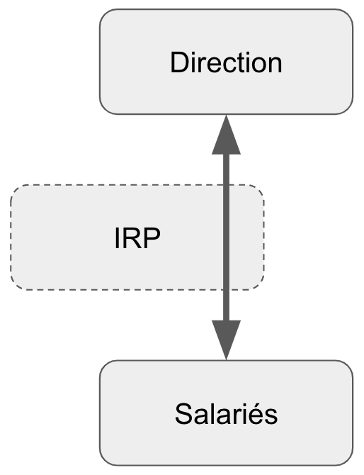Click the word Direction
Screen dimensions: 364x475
[226, 62]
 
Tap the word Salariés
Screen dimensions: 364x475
[226, 414]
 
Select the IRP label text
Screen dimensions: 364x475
[137, 238]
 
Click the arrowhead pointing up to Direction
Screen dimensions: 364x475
[227, 135]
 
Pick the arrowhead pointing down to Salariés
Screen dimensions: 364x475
[227, 340]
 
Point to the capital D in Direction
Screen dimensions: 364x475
[179, 62]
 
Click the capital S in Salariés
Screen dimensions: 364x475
[184, 414]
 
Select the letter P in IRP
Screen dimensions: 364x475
[152, 238]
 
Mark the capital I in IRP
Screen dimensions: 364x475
[117, 238]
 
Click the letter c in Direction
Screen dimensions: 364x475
[224, 65]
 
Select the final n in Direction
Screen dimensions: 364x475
[275, 65]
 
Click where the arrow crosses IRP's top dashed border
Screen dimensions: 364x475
[227, 185]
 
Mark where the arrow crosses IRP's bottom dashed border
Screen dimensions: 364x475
[227, 290]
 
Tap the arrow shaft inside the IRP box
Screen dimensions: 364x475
[227, 238]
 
